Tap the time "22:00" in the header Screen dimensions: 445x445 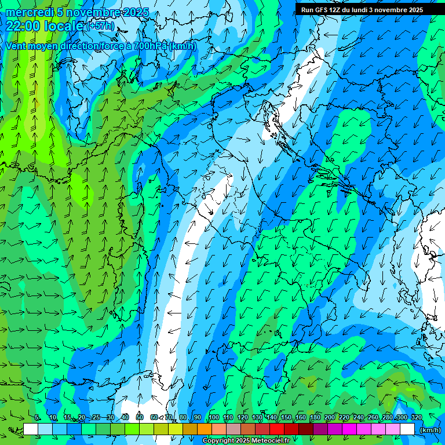coord(25,26)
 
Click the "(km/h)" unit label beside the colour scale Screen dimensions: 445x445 coord(431,430)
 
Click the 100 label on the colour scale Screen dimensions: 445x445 coord(214,417)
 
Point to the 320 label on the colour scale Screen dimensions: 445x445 coord(416,417)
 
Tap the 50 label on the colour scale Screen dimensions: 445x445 coord(140,417)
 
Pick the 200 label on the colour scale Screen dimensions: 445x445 coord(330,417)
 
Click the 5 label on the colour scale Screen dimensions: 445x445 coord(37,417)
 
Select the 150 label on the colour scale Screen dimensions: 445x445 coord(286,417)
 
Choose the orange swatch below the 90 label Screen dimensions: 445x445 coord(205,429)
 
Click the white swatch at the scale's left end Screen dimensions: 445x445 coord(31,429)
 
